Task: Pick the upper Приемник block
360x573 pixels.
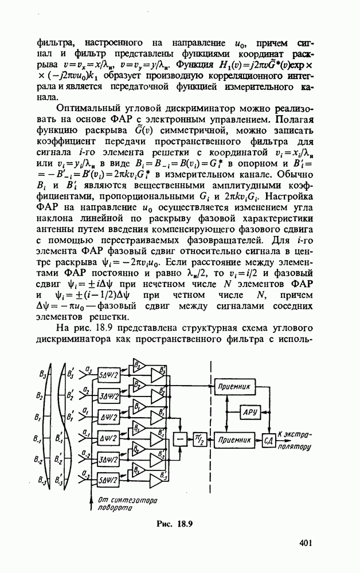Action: click(x=234, y=387)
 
